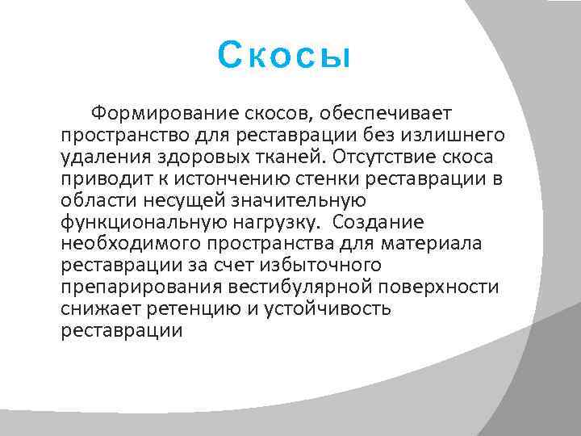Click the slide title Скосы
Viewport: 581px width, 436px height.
[285, 57]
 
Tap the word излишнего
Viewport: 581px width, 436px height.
[452, 133]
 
